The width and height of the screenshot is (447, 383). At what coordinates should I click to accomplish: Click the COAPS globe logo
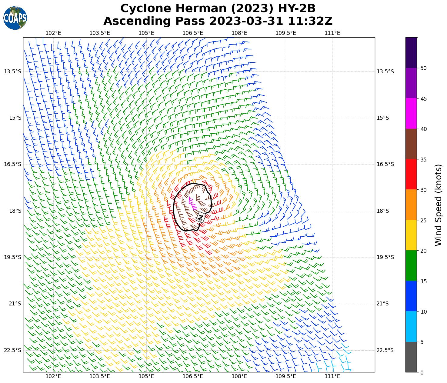click(15, 18)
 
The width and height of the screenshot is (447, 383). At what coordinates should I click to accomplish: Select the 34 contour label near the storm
click(200, 218)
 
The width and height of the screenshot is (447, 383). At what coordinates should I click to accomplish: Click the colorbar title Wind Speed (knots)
click(438, 205)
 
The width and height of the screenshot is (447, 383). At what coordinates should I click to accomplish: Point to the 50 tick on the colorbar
click(423, 68)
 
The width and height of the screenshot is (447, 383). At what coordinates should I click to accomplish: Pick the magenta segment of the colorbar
click(411, 114)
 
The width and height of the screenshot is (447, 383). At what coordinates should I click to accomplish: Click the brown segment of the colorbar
click(411, 144)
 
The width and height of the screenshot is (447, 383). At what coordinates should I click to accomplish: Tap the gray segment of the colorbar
click(411, 357)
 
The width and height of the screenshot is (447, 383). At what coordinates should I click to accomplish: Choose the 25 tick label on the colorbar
click(423, 220)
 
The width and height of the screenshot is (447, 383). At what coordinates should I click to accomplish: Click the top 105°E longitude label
click(146, 33)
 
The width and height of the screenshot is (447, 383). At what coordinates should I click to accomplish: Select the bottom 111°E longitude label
click(332, 377)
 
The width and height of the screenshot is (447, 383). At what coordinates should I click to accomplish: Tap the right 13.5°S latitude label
click(385, 72)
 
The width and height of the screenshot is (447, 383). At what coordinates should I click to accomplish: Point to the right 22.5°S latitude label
click(385, 350)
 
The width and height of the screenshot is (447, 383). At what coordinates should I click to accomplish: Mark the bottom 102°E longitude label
click(53, 377)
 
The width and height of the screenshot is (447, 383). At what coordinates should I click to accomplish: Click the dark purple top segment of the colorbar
click(411, 52)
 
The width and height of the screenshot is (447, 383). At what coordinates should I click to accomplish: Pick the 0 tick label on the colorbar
click(422, 372)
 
